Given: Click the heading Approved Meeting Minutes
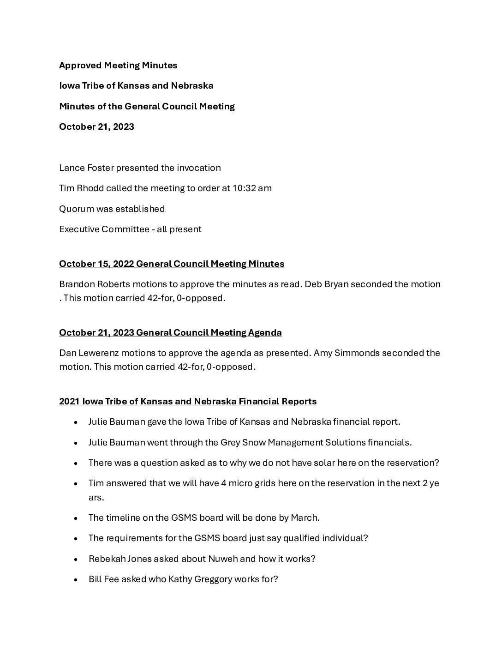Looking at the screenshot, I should point(118,66).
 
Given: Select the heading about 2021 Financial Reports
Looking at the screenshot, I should point(188,402).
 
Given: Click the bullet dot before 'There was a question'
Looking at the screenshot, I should point(75,463).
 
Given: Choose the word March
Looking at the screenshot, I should point(304,518).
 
